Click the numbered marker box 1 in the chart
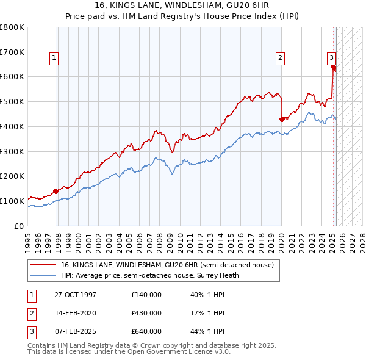(54, 58)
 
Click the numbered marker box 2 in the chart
(280, 58)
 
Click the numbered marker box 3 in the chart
(331, 58)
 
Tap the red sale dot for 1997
(56, 191)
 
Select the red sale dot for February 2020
(282, 119)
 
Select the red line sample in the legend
(43, 265)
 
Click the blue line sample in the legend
(43, 275)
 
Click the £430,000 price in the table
(146, 313)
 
